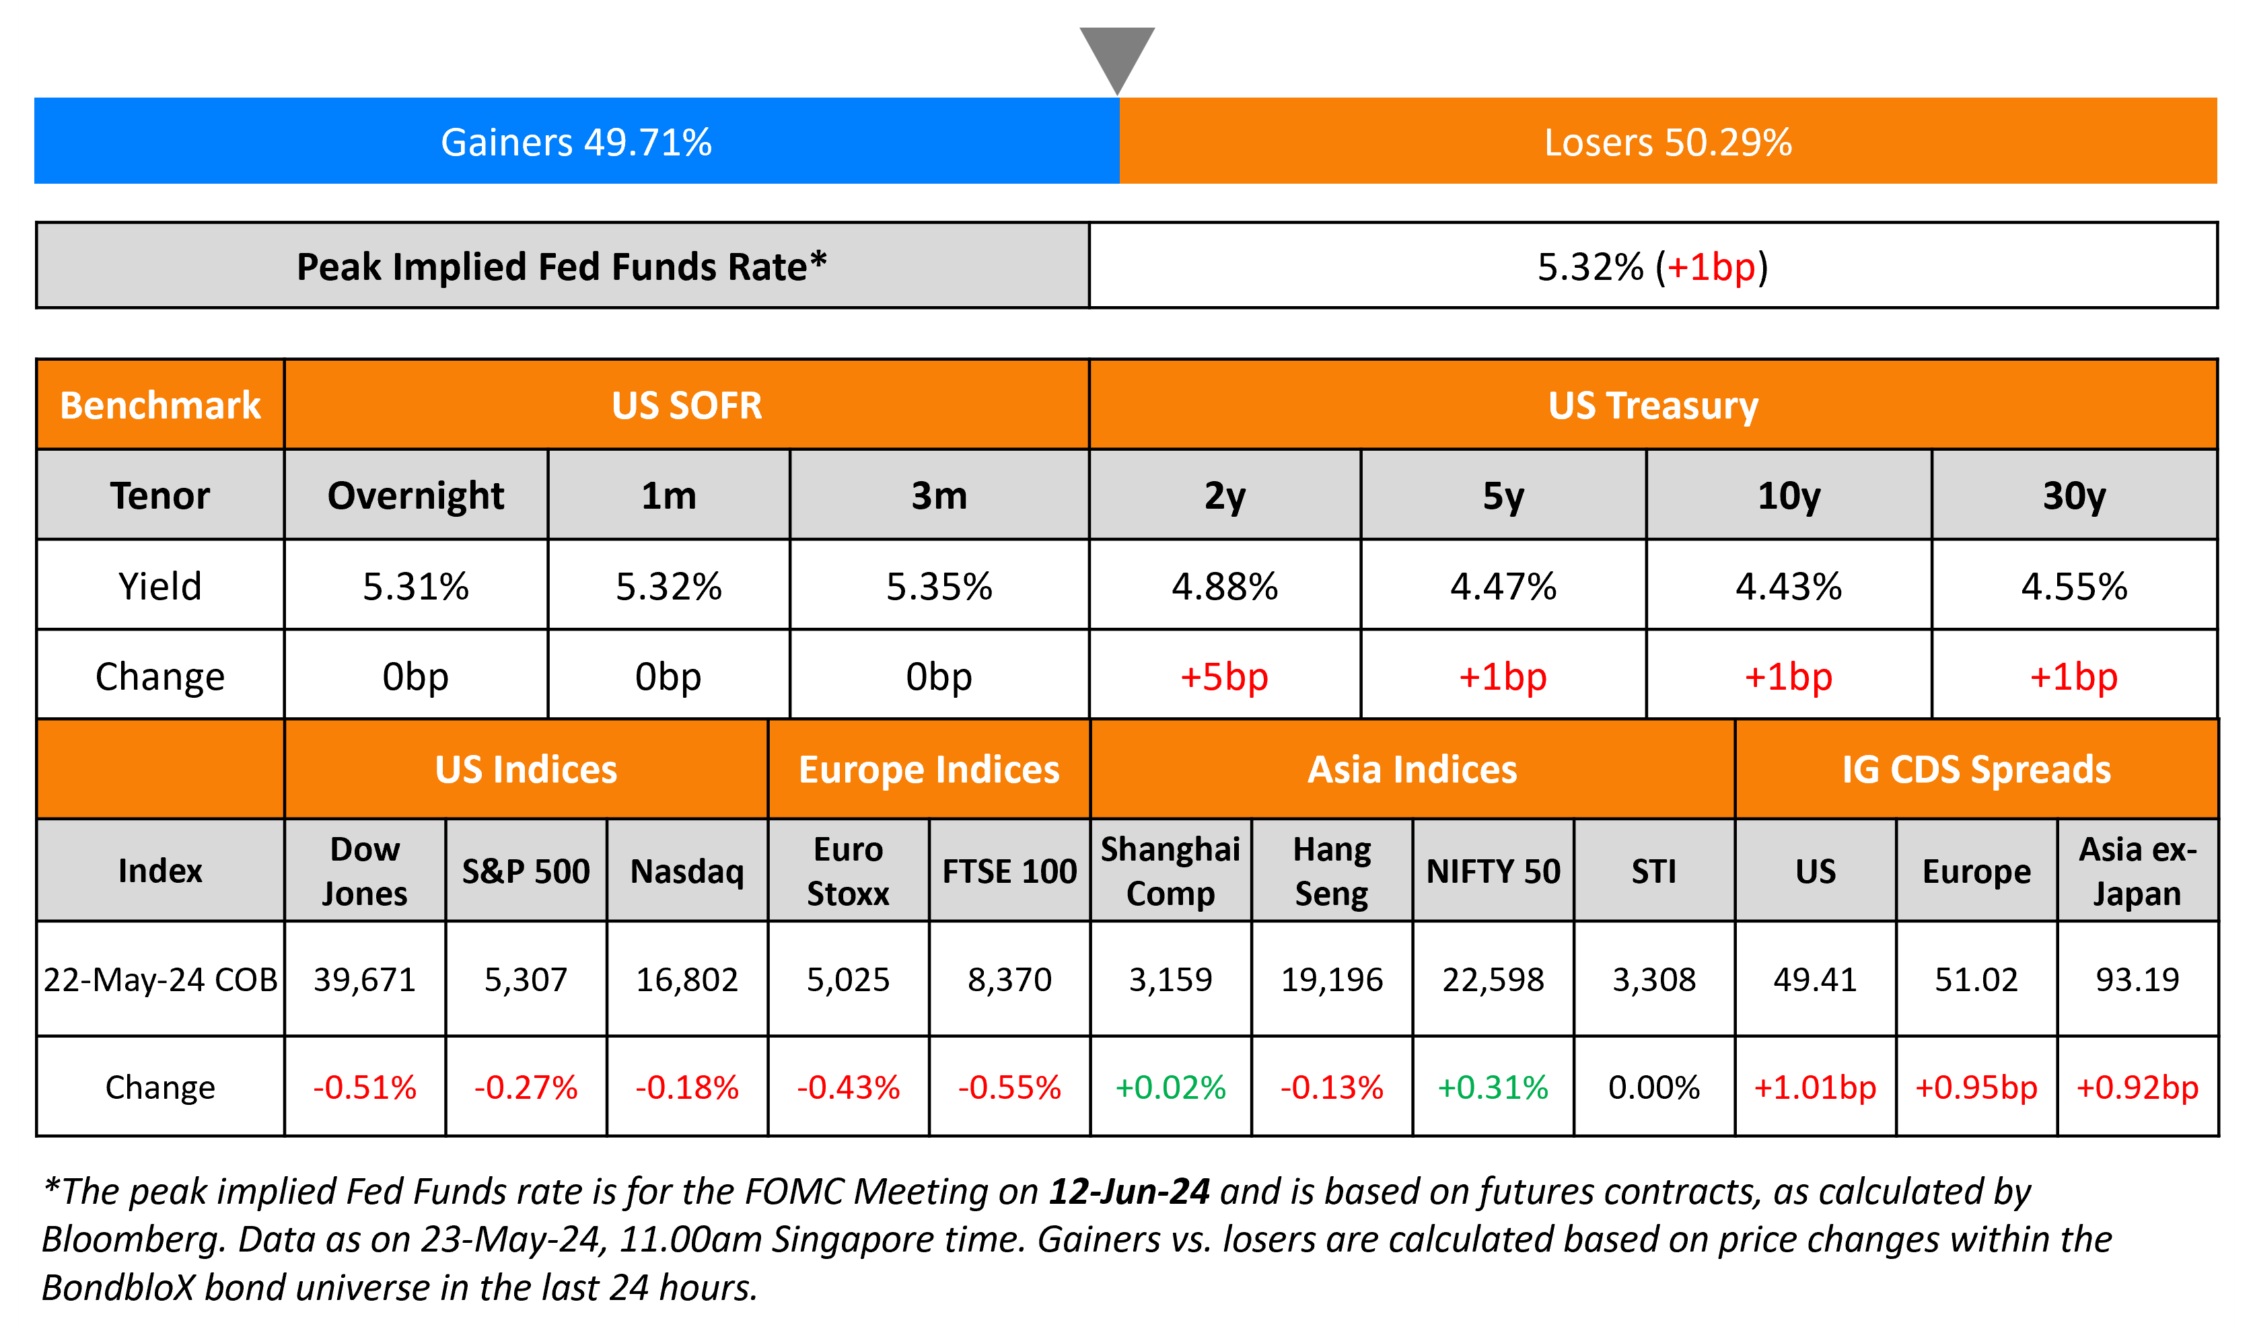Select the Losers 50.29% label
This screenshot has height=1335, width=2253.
1668,142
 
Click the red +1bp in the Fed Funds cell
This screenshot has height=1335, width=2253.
1710,266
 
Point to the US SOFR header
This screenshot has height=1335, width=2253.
686,405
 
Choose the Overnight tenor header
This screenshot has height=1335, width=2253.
415,496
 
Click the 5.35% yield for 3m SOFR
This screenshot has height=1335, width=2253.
939,587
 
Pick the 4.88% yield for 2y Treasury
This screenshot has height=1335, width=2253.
1224,587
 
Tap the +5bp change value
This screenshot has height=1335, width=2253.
1224,676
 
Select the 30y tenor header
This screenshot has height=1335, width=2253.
2074,496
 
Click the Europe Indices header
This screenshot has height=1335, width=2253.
929,770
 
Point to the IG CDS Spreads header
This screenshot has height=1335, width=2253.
1976,770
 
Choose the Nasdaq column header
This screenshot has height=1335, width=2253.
687,871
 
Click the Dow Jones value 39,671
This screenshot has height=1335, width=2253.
364,979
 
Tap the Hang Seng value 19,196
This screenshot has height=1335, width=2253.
1331,979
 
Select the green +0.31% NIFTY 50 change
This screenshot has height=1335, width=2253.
1493,1087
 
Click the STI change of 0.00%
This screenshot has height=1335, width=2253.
1654,1087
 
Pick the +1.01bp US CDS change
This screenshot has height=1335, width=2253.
1815,1087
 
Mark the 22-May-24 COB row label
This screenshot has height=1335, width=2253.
160,979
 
